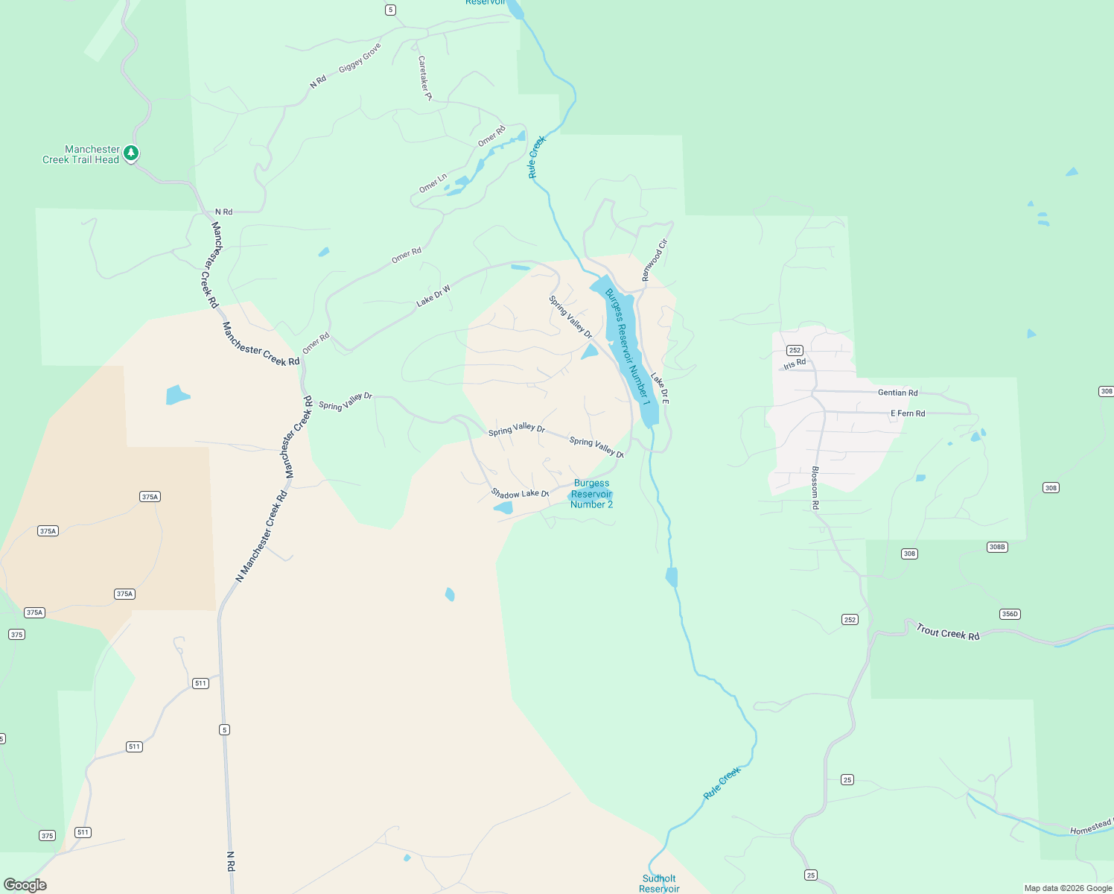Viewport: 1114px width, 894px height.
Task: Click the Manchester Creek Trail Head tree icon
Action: [x=131, y=153]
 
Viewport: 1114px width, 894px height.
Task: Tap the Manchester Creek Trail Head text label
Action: [x=81, y=155]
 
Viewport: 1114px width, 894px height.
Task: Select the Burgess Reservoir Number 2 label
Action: [x=591, y=494]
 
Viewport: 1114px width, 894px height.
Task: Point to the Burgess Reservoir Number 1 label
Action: [x=627, y=346]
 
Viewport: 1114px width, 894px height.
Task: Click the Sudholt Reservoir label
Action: [x=659, y=884]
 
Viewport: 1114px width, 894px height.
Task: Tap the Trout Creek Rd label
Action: [x=947, y=633]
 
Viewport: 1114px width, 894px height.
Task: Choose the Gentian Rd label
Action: [x=897, y=393]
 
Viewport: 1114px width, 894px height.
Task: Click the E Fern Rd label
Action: [x=908, y=413]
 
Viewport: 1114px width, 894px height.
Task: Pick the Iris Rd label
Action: [x=795, y=364]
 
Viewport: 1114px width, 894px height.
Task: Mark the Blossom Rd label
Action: [x=815, y=488]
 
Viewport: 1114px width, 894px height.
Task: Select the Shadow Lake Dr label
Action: [x=520, y=494]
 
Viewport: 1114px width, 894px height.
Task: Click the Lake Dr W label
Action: [x=433, y=296]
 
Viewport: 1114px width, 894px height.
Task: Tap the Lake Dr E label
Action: [x=660, y=389]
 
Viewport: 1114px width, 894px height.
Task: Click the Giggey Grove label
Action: [x=360, y=57]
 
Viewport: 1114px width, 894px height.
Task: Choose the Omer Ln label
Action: [x=433, y=183]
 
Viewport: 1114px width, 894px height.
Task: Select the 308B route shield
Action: [x=997, y=547]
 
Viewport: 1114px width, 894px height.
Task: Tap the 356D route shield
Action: [x=1009, y=615]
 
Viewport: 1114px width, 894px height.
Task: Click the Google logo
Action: [x=25, y=885]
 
